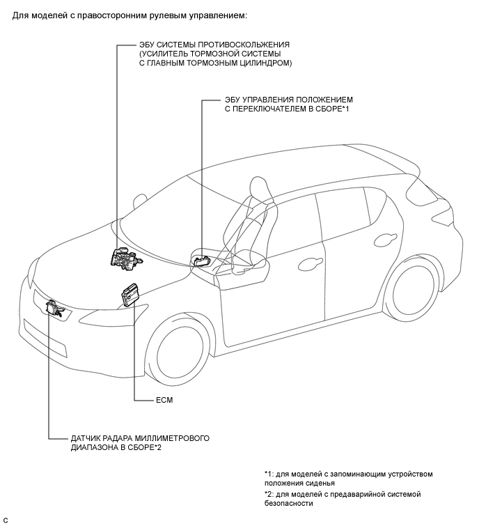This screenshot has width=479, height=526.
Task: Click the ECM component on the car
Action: [x=132, y=293]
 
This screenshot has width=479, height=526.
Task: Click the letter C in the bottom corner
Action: [x=5, y=520]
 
